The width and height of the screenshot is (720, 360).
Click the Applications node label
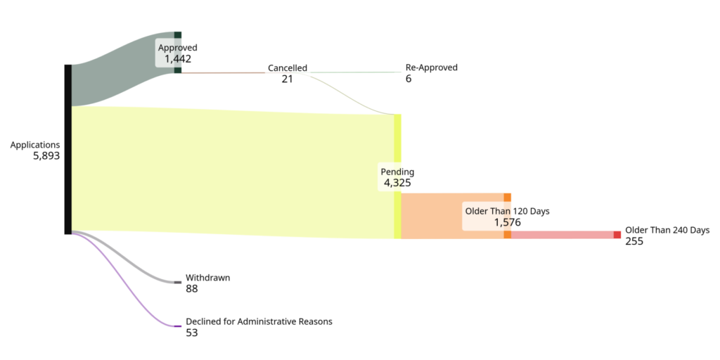(35, 145)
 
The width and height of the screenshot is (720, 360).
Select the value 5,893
(46, 156)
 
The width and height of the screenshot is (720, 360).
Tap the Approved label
(177, 48)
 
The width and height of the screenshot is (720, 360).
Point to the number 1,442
(178, 59)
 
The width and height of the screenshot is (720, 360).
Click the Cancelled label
(287, 68)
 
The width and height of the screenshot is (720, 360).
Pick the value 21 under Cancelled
(287, 79)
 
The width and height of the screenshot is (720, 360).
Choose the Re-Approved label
(431, 67)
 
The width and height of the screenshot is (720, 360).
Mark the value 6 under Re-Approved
(409, 79)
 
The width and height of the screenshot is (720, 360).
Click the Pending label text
(397, 172)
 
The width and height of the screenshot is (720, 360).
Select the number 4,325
(397, 183)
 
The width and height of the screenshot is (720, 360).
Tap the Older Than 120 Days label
(507, 211)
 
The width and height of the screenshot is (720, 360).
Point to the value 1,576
(507, 222)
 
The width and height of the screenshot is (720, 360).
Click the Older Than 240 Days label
(667, 230)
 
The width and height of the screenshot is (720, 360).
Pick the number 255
(634, 241)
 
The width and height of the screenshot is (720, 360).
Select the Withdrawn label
(207, 278)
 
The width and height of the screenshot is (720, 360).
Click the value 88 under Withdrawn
(192, 289)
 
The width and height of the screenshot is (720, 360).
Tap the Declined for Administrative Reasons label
(259, 322)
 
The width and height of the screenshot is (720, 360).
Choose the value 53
(192, 333)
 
